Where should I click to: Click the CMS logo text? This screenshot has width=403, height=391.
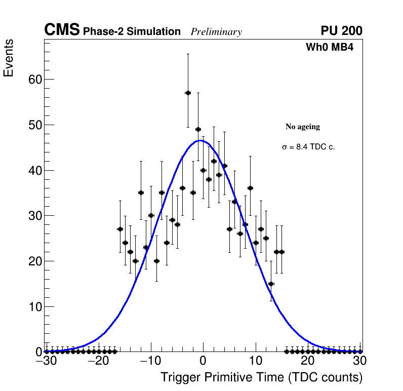pyautogui.click(x=62, y=30)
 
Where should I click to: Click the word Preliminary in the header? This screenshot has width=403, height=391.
pyautogui.click(x=216, y=32)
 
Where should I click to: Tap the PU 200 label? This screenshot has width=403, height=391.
pyautogui.click(x=341, y=31)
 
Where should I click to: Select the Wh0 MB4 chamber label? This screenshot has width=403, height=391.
pyautogui.click(x=330, y=48)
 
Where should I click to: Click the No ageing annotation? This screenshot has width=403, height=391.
pyautogui.click(x=303, y=127)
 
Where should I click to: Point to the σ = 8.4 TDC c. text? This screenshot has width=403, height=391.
pyautogui.click(x=308, y=147)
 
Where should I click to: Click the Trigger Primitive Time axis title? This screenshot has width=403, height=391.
pyautogui.click(x=261, y=377)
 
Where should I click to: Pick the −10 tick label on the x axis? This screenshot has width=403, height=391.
pyautogui.click(x=150, y=361)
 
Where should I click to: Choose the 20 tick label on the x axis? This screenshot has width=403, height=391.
pyautogui.click(x=308, y=361)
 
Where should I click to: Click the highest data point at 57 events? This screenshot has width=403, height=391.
pyautogui.click(x=188, y=93)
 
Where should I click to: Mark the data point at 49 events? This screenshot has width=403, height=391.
pyautogui.click(x=198, y=129)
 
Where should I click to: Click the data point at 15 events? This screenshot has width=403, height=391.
pyautogui.click(x=271, y=284)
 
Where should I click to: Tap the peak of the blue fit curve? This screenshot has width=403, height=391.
pyautogui.click(x=200, y=140)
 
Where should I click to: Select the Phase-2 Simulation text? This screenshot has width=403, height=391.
pyautogui.click(x=132, y=32)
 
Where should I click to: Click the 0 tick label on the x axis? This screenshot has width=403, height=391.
pyautogui.click(x=203, y=361)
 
